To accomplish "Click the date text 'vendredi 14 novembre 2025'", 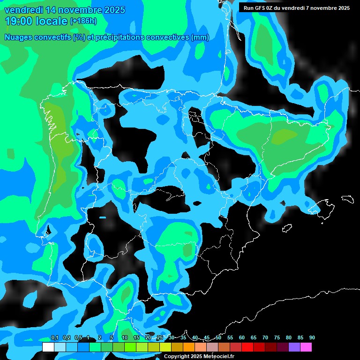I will click(64, 10).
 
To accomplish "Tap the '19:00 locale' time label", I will click(36, 21).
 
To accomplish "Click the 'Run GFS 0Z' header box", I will click(296, 8).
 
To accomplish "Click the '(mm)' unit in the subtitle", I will click(200, 37).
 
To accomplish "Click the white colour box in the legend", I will click(48, 347).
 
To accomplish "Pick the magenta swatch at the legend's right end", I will click(306, 347).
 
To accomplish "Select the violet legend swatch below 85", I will click(294, 347).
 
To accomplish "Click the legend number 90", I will click(312, 338).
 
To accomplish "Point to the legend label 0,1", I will click(54, 338).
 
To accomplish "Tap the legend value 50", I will click(218, 338).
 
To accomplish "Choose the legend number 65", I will click(254, 338).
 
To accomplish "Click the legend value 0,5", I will click(78, 338).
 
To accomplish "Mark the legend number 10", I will click(125, 338).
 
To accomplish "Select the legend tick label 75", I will click(277, 338).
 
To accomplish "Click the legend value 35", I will click(183, 338).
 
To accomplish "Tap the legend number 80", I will click(289, 338).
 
